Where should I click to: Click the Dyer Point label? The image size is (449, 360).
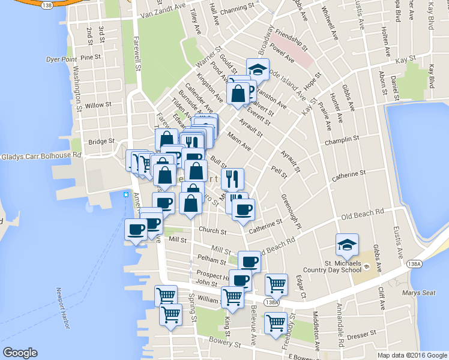click(x=61, y=59)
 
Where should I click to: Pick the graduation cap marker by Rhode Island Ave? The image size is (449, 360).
click(x=258, y=69)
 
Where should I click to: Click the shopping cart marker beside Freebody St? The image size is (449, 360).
click(x=276, y=322)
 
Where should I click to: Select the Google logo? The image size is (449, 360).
click(x=20, y=353)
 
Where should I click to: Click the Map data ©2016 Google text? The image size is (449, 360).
click(x=412, y=355)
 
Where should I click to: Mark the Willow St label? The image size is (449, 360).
click(x=95, y=105)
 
